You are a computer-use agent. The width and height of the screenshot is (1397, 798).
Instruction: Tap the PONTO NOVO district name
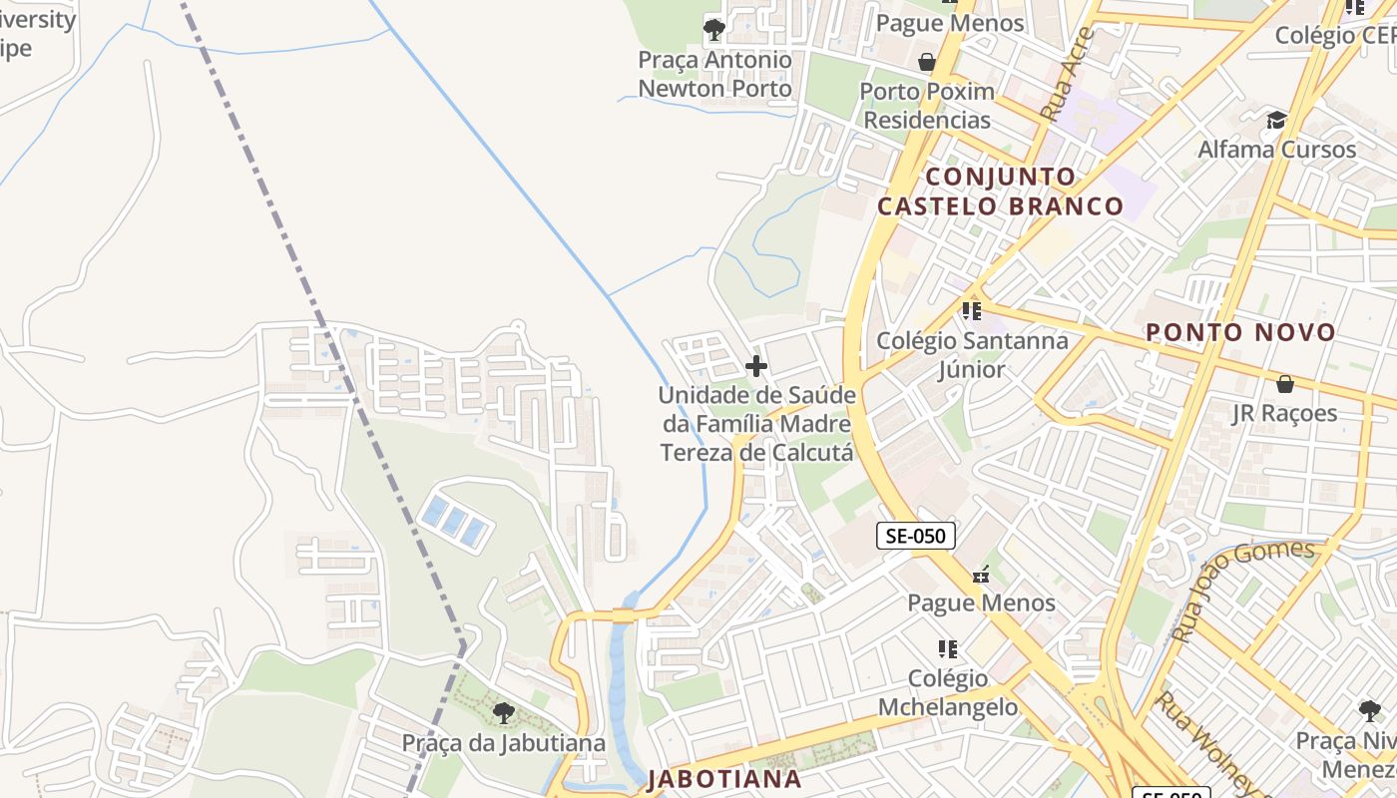coord(1239,332)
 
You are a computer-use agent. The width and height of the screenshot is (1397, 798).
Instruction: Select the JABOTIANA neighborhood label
coord(724,778)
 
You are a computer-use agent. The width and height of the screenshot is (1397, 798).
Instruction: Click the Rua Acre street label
coord(1067,76)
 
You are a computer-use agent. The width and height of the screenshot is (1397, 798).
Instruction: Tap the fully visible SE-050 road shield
coord(915,536)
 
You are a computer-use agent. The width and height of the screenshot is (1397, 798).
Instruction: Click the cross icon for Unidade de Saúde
coord(756,366)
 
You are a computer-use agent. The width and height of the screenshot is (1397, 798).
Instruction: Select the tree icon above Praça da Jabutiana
coord(504,713)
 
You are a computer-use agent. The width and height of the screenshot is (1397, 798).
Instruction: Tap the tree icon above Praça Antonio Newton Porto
coord(713,30)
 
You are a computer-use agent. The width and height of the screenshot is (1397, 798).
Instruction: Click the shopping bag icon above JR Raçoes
coord(1284,384)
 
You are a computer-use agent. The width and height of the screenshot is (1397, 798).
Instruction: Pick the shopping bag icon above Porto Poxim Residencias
coord(927,62)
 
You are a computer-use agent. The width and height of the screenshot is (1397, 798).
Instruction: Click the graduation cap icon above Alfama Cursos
coord(1276,121)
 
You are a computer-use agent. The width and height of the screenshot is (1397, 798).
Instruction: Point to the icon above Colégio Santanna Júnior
coord(972,310)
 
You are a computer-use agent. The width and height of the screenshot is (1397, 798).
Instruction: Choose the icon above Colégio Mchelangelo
coord(948,649)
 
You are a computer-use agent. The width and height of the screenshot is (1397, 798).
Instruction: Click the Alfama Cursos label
coord(1276,150)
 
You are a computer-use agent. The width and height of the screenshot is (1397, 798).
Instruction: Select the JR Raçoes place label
coord(1284,413)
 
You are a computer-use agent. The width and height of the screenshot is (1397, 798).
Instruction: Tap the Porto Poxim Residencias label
coord(927,106)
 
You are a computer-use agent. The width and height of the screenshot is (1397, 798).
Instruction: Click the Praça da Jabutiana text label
coord(504,743)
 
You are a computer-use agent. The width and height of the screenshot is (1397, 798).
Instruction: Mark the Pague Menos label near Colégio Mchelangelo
coord(981,602)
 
